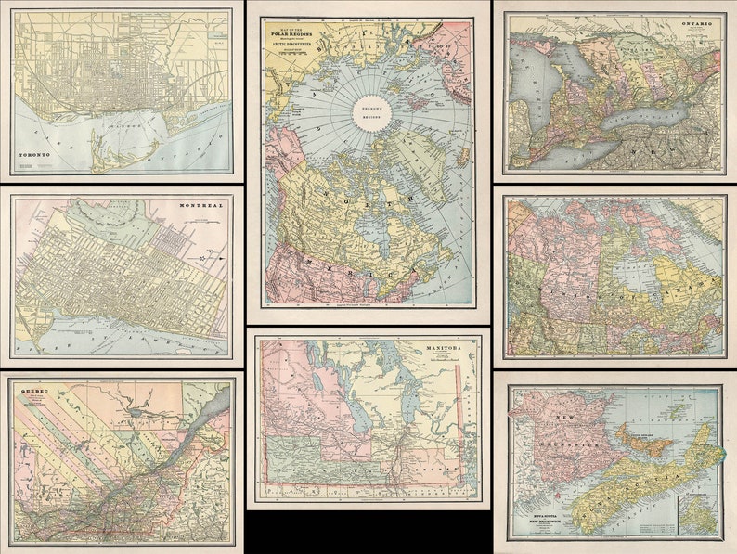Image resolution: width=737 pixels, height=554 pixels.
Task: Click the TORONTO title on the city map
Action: [39, 155]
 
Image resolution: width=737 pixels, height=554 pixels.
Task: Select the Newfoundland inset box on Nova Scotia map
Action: [698, 515]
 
